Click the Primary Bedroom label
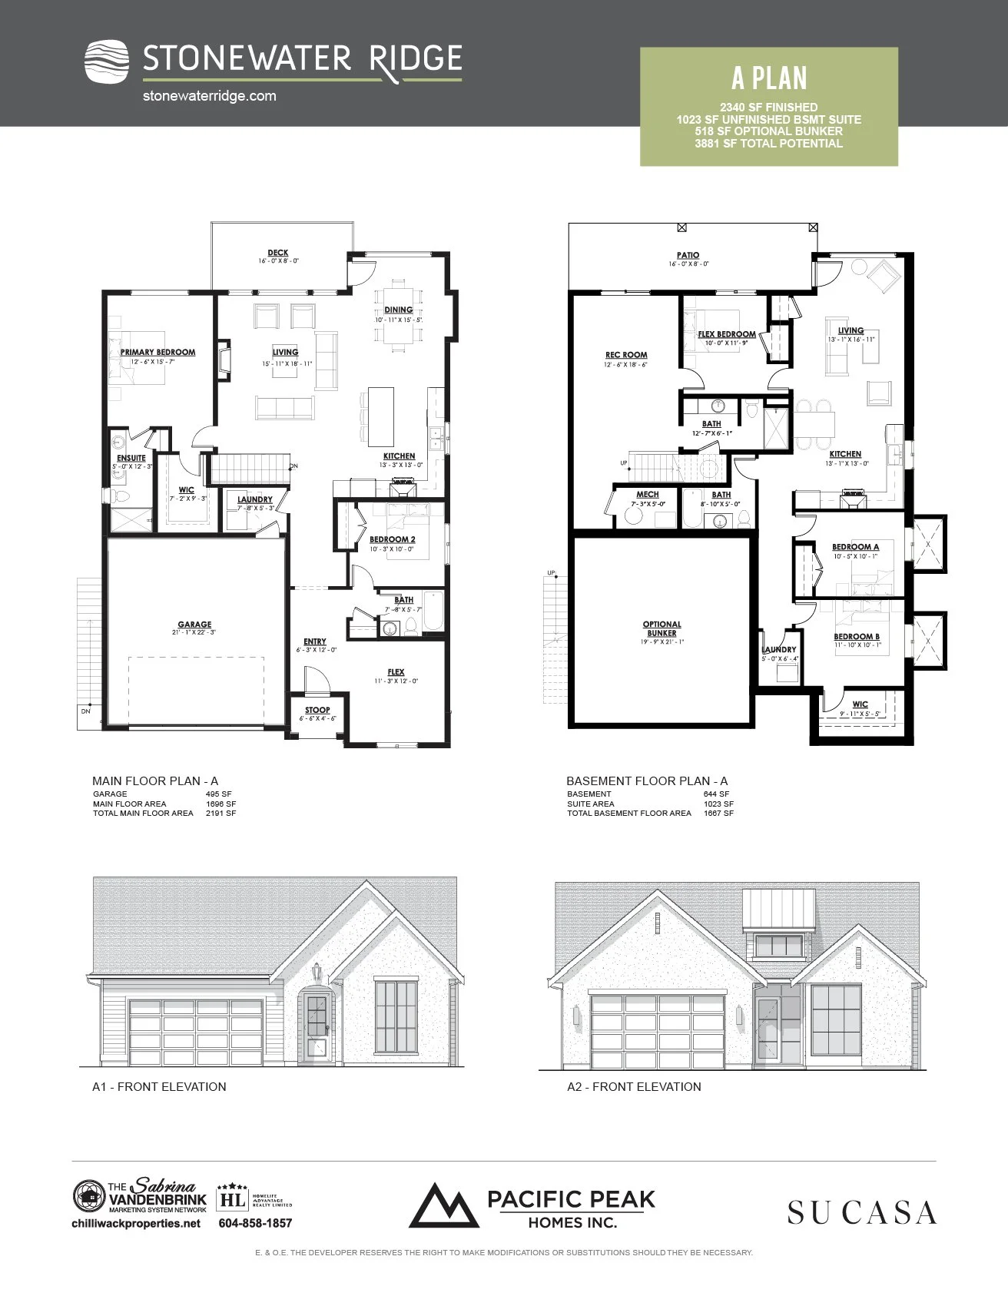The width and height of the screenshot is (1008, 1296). tap(157, 352)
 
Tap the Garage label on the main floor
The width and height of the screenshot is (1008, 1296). tap(194, 625)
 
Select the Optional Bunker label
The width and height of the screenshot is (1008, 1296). tap(661, 628)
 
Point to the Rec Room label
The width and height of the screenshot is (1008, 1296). tap(626, 355)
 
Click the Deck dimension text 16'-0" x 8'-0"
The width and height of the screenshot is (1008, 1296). tap(278, 261)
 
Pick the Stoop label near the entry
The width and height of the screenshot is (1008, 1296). tap(317, 710)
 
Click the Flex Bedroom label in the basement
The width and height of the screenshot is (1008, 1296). tap(726, 334)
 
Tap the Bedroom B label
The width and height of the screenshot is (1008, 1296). tap(857, 636)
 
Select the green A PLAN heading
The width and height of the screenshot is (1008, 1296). tap(769, 78)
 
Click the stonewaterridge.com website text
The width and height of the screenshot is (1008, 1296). tap(209, 96)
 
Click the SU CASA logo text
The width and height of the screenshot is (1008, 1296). tap(861, 1212)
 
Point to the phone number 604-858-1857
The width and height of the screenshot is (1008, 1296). tap(255, 1223)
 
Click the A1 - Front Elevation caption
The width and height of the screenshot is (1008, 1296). tap(159, 1086)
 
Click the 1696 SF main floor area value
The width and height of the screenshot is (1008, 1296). tap(220, 804)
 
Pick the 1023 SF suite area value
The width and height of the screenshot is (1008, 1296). tap(718, 804)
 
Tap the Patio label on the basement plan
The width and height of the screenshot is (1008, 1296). tap(688, 255)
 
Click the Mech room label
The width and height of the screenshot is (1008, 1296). tap(647, 495)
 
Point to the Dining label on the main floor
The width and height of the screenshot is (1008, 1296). tap(398, 310)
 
